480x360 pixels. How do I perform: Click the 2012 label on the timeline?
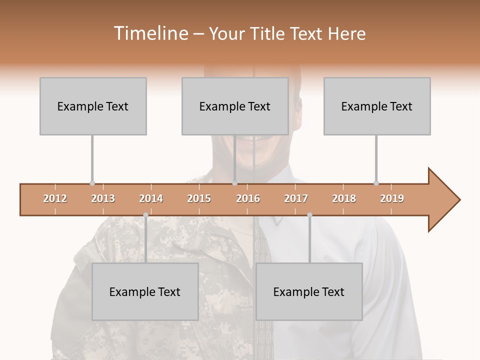55,198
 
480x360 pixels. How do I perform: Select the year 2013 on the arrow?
103,198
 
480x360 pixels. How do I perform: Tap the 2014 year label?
151,198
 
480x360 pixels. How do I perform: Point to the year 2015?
199,198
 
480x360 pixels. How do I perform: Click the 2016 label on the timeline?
248,198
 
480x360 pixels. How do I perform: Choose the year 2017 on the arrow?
296,198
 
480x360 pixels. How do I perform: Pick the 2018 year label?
344,198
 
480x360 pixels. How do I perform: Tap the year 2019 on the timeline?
392,198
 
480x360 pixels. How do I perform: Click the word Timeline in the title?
150,33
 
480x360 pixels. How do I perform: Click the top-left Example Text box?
93,106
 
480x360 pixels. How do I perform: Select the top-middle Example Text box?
235,106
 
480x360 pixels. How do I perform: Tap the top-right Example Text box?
377,106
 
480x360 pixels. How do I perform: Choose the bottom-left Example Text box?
145,291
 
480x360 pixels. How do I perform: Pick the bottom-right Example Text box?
309,291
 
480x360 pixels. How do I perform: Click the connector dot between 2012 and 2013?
92,183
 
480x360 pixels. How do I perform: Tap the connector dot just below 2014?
145,215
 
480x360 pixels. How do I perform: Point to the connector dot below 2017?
309,215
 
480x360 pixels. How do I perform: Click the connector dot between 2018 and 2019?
376,183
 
